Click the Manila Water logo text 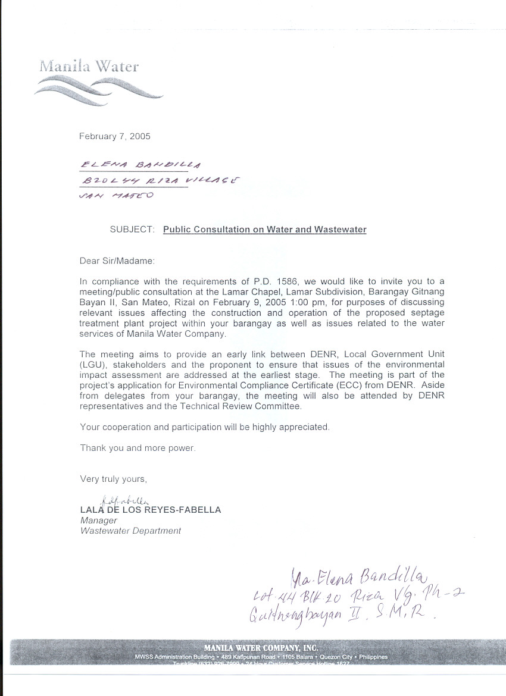coord(89,66)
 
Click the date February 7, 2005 coord(115,136)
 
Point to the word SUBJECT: coord(132,229)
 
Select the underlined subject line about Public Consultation coord(265,229)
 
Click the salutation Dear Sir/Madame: coord(117,261)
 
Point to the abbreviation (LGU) coord(91,364)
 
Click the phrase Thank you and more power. coord(138,448)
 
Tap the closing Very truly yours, coord(113,479)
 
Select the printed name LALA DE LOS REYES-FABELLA coord(151,510)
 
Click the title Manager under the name coord(99,521)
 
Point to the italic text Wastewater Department coord(130,531)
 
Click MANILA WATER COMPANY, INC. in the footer coord(261,647)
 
